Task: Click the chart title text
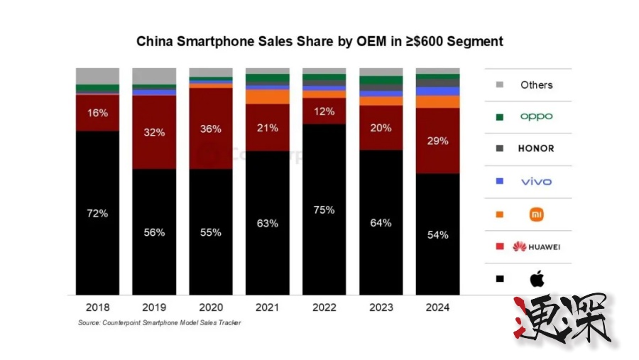[319, 42]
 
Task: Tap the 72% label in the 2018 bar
[97, 213]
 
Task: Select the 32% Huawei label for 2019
[154, 132]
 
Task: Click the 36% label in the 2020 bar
[211, 129]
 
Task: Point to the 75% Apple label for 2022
[324, 209]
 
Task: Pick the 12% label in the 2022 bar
[324, 111]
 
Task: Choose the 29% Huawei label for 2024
[437, 141]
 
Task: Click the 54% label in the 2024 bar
[437, 234]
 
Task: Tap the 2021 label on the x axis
[268, 308]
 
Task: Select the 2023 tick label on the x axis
[381, 308]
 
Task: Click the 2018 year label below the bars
[97, 308]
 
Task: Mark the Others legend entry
[536, 84]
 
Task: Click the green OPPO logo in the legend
[536, 116]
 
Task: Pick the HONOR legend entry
[536, 148]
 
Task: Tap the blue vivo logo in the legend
[536, 181]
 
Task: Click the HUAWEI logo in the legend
[536, 246]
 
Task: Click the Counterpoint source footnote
[160, 323]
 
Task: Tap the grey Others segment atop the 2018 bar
[97, 76]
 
